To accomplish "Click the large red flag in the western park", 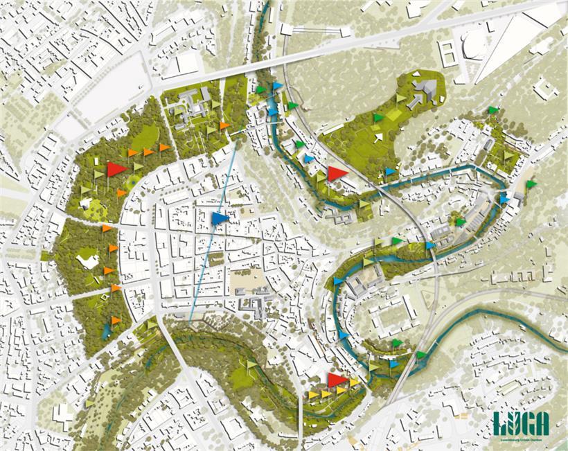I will tap(116, 168).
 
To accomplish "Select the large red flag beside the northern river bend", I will tap(337, 173).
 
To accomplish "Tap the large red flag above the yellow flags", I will tap(337, 380).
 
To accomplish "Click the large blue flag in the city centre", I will tap(220, 219).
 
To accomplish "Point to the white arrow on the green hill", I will tap(378, 138).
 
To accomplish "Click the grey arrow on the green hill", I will tap(414, 102).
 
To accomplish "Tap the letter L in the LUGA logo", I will tap(501, 422).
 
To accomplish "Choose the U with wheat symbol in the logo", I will tap(514, 422).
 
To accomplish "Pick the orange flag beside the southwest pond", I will tap(115, 321).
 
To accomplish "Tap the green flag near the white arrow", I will tap(377, 118).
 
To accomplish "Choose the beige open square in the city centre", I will tap(250, 279).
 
